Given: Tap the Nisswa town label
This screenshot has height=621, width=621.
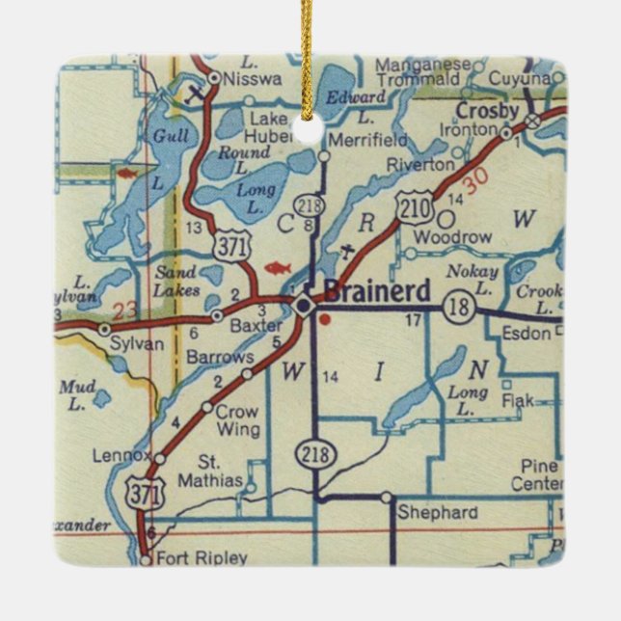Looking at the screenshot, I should coord(253,81).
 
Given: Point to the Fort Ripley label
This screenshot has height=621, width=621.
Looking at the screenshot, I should coord(205,557).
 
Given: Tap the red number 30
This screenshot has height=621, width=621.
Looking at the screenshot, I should coord(475,180).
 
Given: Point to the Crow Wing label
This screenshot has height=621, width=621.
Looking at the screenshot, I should coord(237,420).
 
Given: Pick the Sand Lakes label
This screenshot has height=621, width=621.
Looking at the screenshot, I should coord(177,281).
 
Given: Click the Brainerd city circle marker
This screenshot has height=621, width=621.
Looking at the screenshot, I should coord(304,306).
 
